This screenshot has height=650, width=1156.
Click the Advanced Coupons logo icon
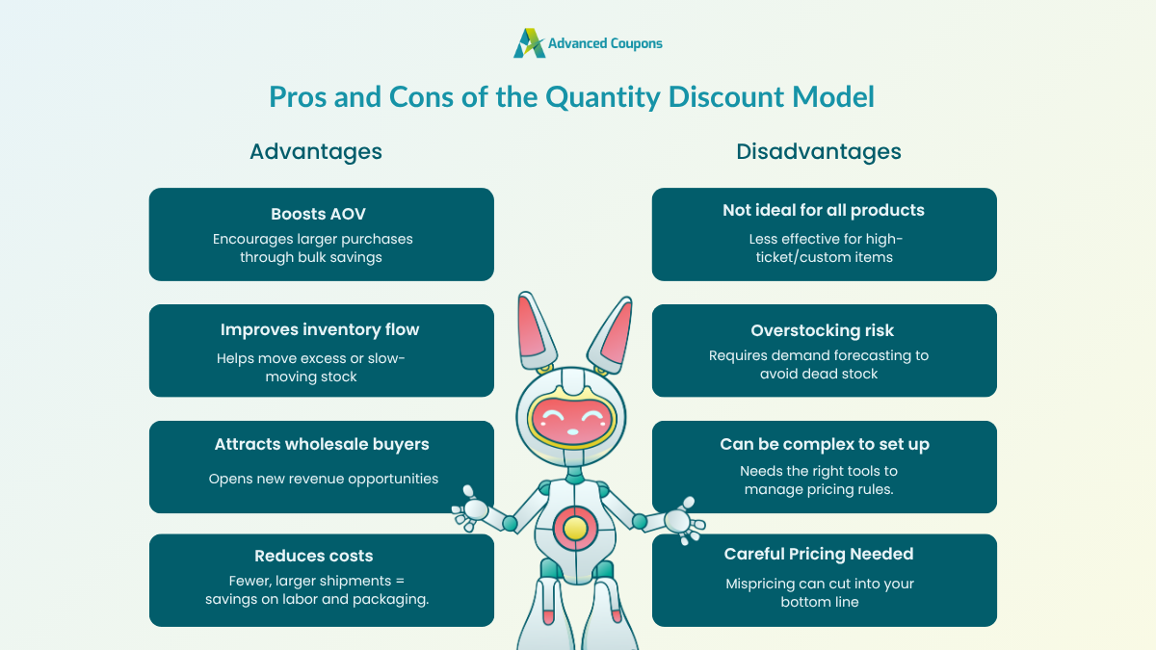tap(529, 43)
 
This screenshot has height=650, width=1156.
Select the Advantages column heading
tap(316, 151)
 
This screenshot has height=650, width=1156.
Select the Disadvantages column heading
tap(819, 151)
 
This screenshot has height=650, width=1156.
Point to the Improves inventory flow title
tap(320, 329)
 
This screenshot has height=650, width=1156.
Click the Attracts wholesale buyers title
tap(322, 444)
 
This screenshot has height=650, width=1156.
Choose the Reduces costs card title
tap(314, 556)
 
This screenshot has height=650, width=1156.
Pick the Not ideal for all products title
tap(824, 210)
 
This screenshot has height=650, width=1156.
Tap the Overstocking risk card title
tap(824, 330)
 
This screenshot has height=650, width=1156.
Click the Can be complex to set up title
tap(825, 444)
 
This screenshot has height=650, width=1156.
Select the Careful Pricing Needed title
tap(819, 554)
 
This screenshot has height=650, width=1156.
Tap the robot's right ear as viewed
tap(616, 331)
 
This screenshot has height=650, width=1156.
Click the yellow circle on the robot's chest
tap(574, 527)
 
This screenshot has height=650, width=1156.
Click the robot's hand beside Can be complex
tap(678, 519)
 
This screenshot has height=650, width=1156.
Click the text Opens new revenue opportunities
tap(324, 479)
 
